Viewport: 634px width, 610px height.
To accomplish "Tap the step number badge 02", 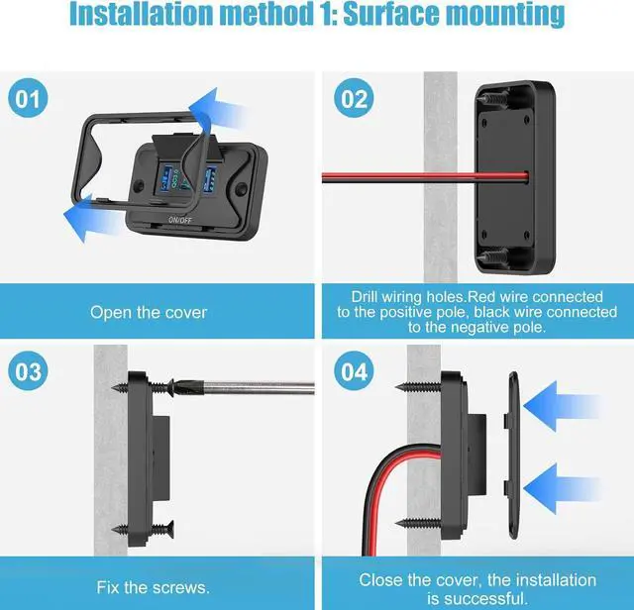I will [355, 100].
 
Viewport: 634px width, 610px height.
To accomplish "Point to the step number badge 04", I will [355, 373].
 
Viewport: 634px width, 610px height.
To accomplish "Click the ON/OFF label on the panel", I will [181, 218].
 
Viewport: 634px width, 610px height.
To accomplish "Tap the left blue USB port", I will [161, 181].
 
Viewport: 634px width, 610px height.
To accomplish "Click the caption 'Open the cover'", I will [149, 312].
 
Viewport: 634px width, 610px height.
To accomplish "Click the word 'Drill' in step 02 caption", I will [369, 297].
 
